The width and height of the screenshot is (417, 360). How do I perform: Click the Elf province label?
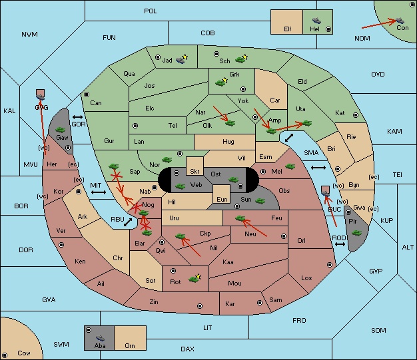tap(288, 29)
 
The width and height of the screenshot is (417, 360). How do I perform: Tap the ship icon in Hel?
tap(316, 21)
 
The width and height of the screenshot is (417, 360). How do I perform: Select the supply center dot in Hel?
tap(328, 29)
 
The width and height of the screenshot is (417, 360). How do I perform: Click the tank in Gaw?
tap(61, 130)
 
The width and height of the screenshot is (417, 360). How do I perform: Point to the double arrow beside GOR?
tap(77, 117)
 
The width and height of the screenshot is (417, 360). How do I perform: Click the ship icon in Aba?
tap(100, 338)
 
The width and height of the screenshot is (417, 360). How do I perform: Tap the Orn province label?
tap(130, 345)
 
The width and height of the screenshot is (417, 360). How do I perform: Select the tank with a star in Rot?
tap(195, 278)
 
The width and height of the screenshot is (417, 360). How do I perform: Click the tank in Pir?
tap(356, 233)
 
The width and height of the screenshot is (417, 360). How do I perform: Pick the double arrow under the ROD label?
tap(340, 244)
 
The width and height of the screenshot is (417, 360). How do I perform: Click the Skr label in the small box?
tap(195, 172)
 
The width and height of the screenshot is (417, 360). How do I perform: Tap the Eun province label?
tap(222, 199)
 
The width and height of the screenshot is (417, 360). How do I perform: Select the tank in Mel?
tap(290, 166)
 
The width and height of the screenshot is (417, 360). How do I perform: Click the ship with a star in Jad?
tap(182, 59)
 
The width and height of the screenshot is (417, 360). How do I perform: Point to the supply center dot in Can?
tap(87, 94)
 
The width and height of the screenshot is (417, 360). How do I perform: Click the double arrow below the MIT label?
tap(99, 192)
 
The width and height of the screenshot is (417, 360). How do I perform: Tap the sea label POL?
tap(151, 11)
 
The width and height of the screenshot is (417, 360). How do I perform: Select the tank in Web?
tap(181, 186)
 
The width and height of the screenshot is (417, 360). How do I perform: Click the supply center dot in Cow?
tap(5, 355)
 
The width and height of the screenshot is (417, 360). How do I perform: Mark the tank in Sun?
tap(260, 201)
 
